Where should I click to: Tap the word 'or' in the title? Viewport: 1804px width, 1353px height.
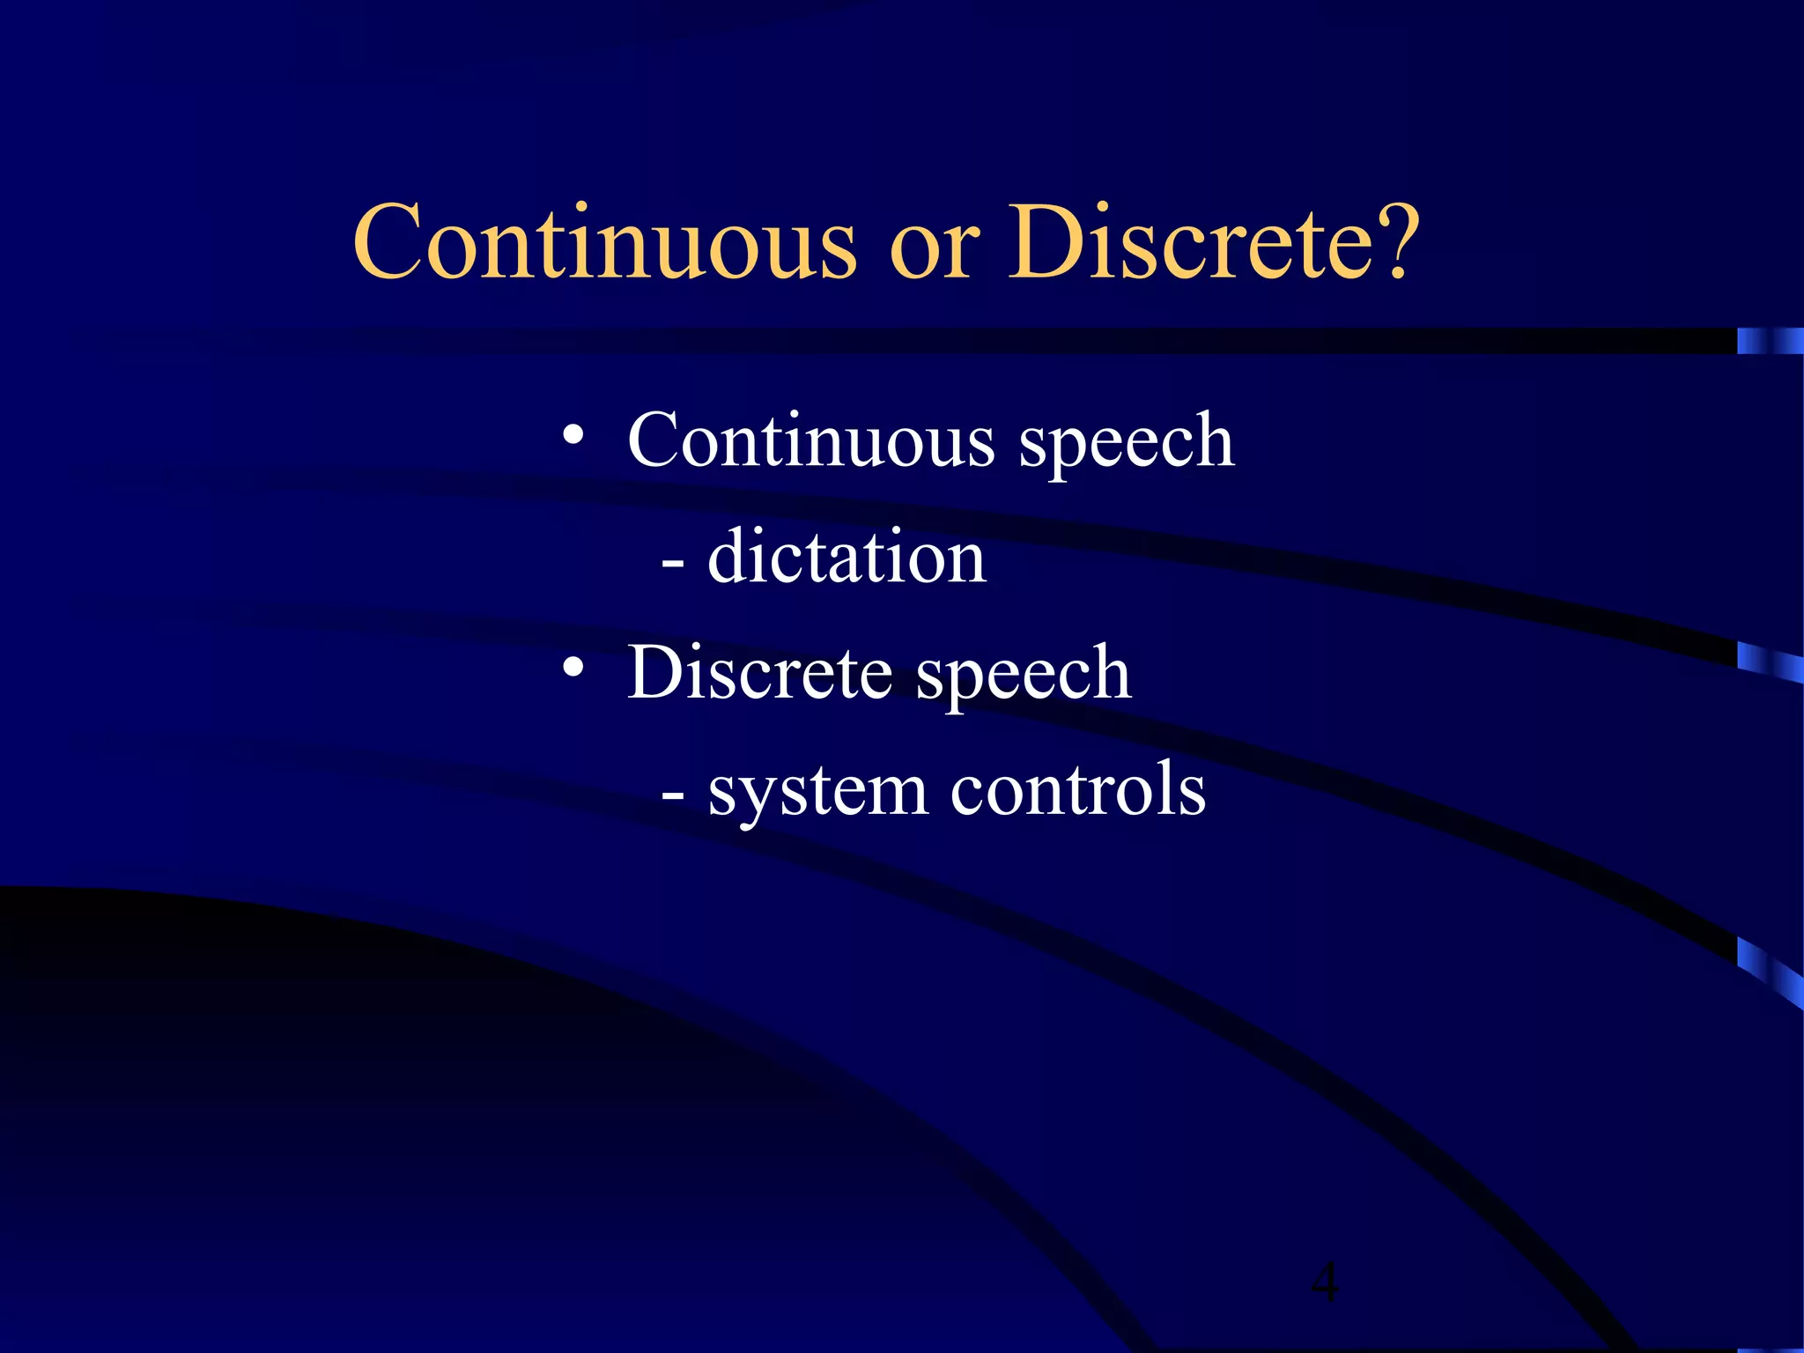pyautogui.click(x=935, y=250)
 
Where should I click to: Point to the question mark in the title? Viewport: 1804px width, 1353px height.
pyautogui.click(x=1395, y=242)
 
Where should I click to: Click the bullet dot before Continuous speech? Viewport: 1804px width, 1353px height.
pyautogui.click(x=573, y=436)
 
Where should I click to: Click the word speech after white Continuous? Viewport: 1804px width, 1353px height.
pyautogui.click(x=1127, y=445)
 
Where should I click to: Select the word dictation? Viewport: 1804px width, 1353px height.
pyautogui.click(x=847, y=557)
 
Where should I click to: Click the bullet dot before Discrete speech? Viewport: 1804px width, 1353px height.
pyautogui.click(x=573, y=669)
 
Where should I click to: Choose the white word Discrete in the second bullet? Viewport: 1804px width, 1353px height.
pyautogui.click(x=759, y=672)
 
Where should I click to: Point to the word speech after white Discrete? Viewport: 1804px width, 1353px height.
pyautogui.click(x=1024, y=677)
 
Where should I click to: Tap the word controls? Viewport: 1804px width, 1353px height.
pyautogui.click(x=1077, y=789)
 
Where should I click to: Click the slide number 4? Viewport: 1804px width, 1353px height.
pyautogui.click(x=1324, y=1282)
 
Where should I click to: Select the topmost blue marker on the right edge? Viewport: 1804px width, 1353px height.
pyautogui.click(x=1770, y=341)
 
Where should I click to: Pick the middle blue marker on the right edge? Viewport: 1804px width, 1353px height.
pyautogui.click(x=1770, y=662)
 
